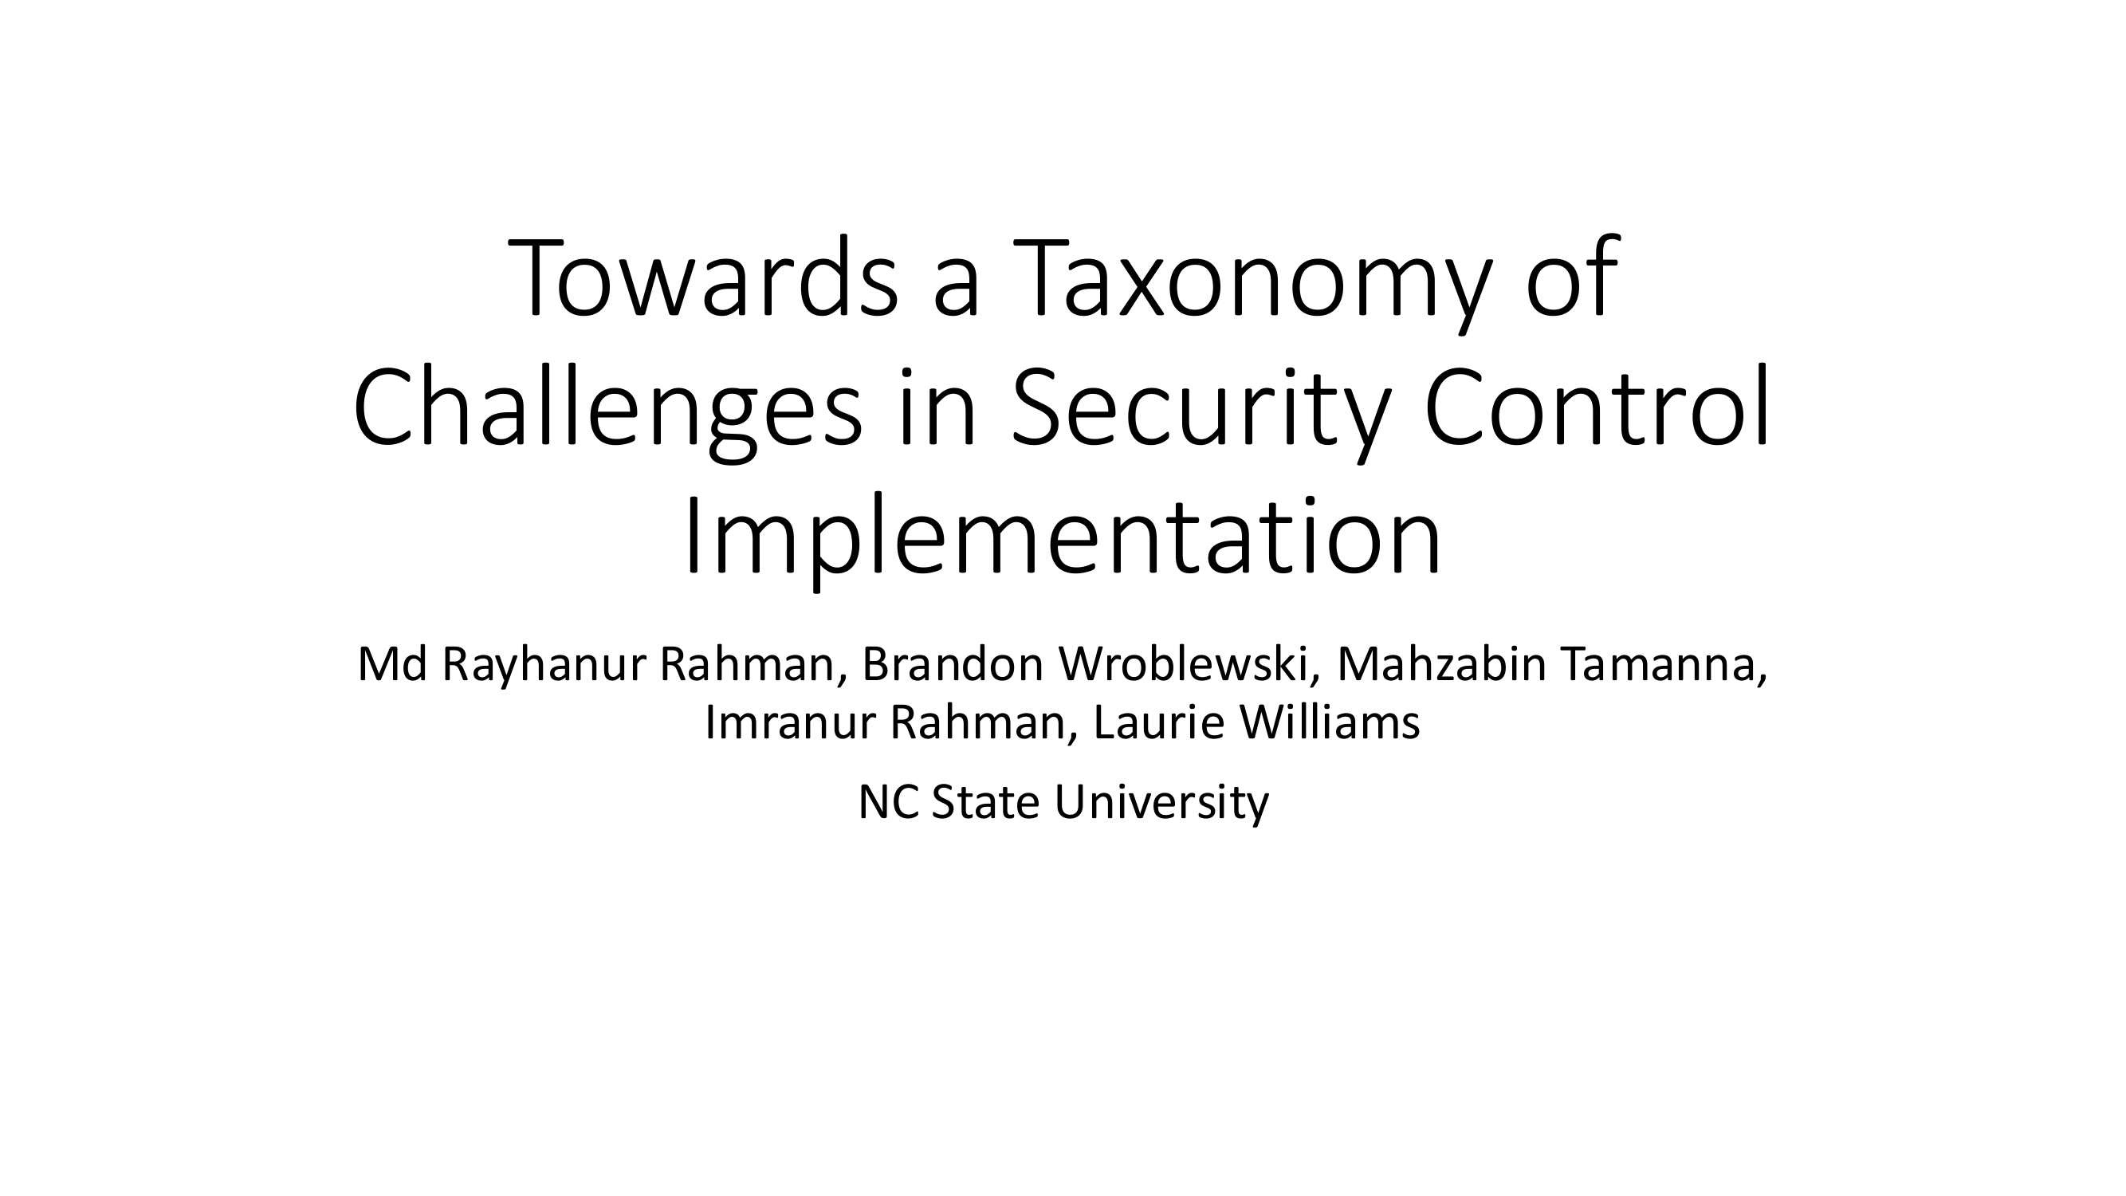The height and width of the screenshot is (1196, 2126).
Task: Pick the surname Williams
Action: coord(1330,722)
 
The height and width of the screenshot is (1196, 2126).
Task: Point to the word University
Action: coord(1161,804)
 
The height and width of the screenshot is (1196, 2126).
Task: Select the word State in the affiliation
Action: coord(985,802)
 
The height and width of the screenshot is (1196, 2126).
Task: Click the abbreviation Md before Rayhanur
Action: coord(393,664)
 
